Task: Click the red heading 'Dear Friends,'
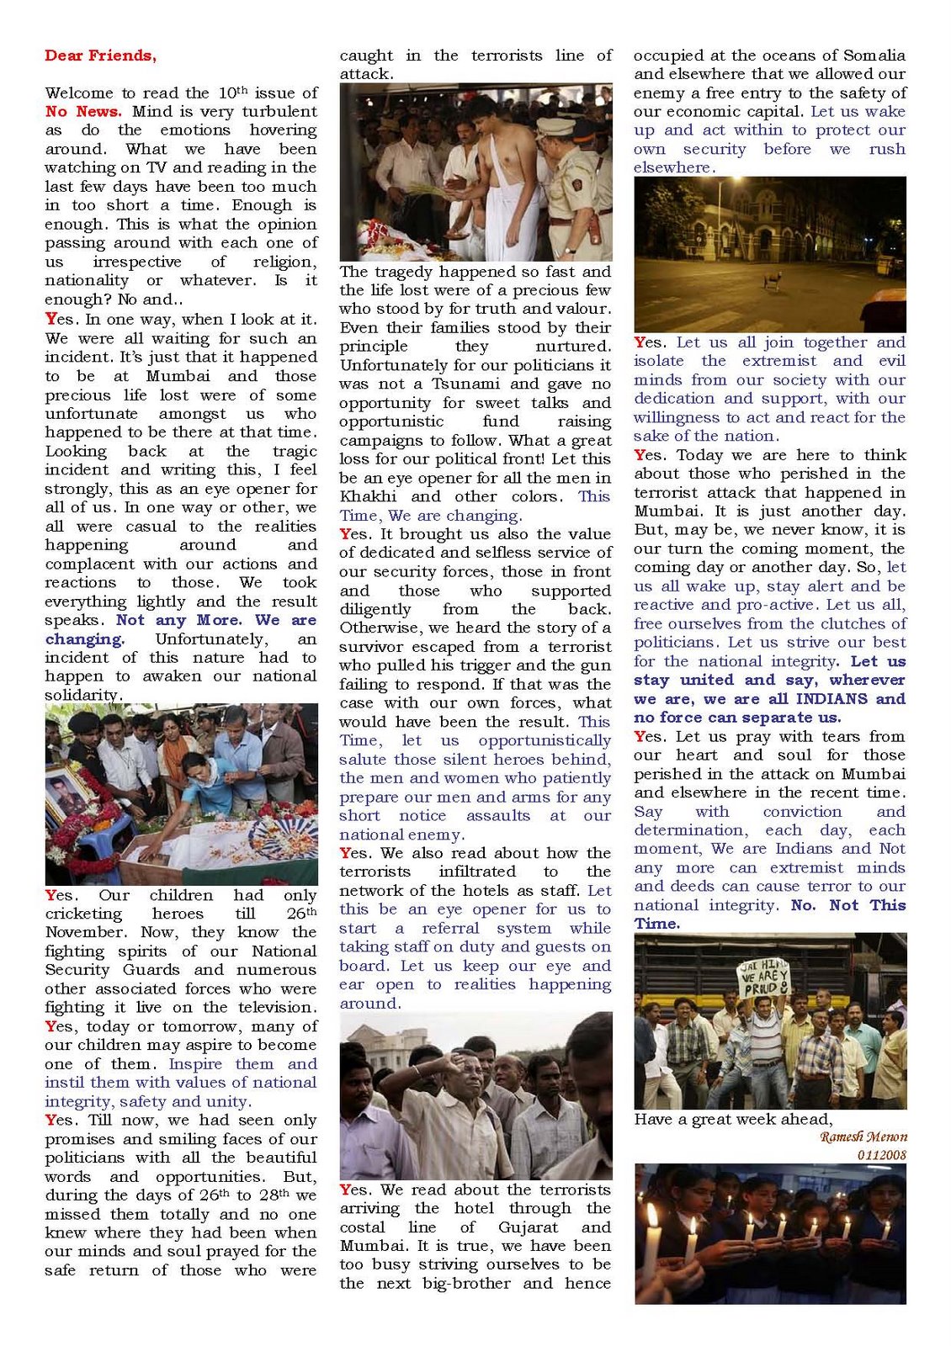[100, 56]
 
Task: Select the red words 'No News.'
[83, 112]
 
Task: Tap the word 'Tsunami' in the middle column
[469, 384]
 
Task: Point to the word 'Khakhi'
[368, 496]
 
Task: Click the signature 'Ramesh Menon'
[863, 1137]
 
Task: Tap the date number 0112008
[881, 1155]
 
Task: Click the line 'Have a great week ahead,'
[733, 1119]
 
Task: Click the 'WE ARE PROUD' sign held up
[762, 978]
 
